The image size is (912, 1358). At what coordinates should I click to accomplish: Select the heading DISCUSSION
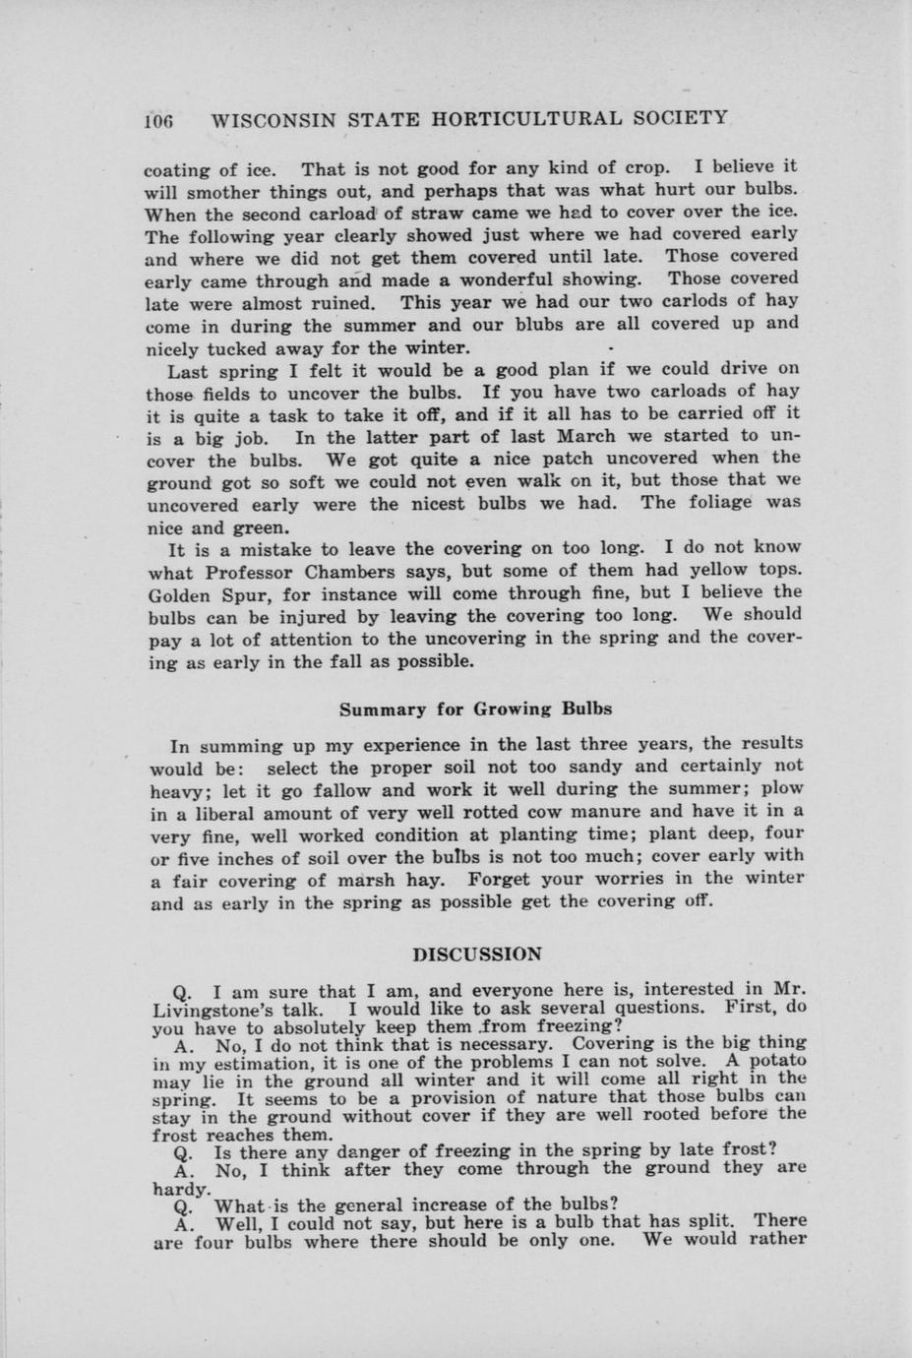tap(477, 955)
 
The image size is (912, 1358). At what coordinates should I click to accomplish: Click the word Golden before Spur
tap(183, 594)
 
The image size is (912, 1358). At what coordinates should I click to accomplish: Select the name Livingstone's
tap(230, 1009)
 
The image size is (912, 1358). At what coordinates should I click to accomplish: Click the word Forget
tap(506, 878)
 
